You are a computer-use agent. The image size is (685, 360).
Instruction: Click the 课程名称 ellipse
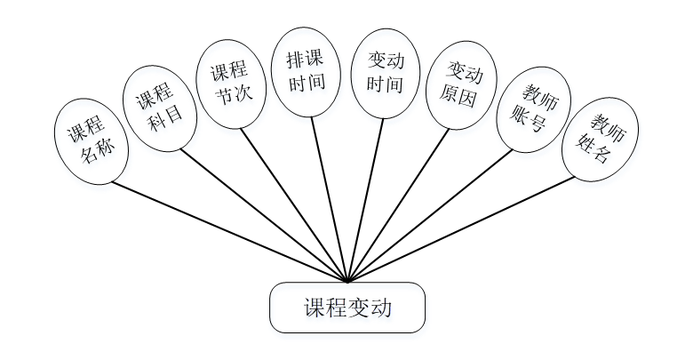coord(92,141)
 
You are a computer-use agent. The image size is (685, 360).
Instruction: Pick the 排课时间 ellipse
coord(304,72)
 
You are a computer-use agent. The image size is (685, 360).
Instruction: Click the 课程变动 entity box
coord(347,308)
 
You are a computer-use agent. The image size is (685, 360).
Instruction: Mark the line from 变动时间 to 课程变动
coord(365,198)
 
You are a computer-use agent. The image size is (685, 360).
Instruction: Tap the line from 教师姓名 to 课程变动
coord(462,228)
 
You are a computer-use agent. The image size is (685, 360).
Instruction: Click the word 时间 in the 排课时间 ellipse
coord(304,84)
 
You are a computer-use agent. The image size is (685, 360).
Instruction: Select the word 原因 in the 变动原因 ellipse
coord(460,96)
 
